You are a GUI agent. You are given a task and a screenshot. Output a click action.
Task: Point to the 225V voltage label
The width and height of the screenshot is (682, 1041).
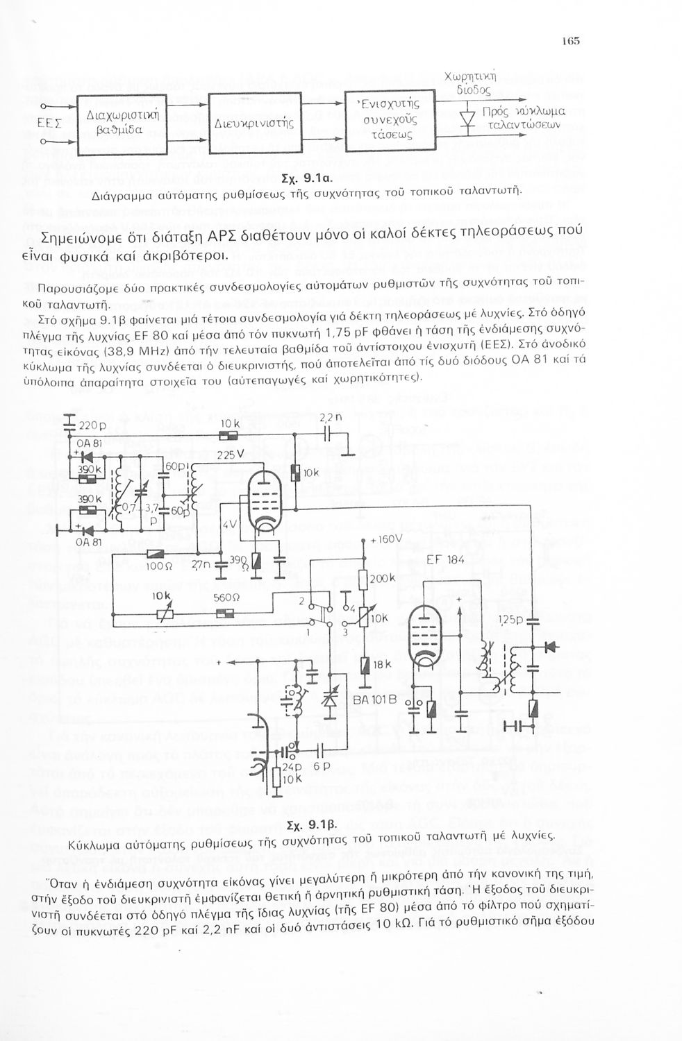point(228,455)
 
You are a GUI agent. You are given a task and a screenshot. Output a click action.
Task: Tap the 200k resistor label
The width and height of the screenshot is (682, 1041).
point(383,578)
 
